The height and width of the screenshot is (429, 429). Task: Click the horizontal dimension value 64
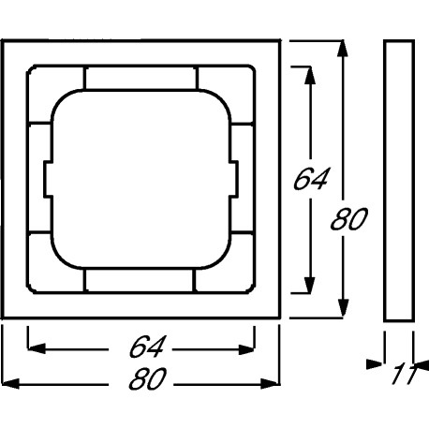pyautogui.click(x=146, y=347)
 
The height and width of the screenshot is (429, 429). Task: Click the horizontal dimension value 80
pyautogui.click(x=147, y=378)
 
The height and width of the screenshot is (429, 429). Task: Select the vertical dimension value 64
pyautogui.click(x=311, y=179)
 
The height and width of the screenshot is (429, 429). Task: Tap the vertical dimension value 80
pyautogui.click(x=349, y=219)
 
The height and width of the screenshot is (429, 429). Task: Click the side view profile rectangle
pyautogui.click(x=399, y=181)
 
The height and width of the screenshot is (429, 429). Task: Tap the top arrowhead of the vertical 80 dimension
pyautogui.click(x=343, y=49)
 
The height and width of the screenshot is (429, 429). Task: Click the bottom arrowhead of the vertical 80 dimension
pyautogui.click(x=343, y=308)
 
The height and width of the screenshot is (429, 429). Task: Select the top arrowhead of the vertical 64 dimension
pyautogui.click(x=309, y=75)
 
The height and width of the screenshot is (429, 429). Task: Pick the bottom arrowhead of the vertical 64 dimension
pyautogui.click(x=309, y=285)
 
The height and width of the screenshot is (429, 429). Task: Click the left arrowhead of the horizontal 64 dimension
pyautogui.click(x=37, y=348)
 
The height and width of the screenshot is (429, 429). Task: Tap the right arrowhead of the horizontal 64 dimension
pyautogui.click(x=246, y=349)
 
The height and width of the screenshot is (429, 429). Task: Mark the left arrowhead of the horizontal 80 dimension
pyautogui.click(x=10, y=383)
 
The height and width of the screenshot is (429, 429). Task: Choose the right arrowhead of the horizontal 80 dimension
pyautogui.click(x=271, y=384)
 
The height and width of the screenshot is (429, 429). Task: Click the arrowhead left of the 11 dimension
pyautogui.click(x=374, y=364)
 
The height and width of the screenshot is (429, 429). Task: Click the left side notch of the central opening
pyautogui.click(x=48, y=179)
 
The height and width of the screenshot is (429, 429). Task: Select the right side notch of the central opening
pyautogui.click(x=234, y=179)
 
